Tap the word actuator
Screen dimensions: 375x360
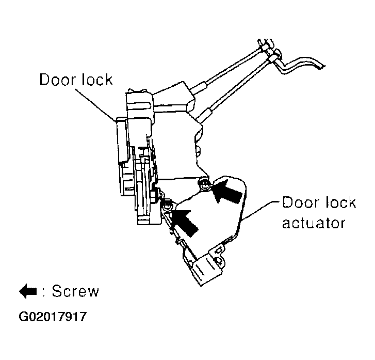[314, 223]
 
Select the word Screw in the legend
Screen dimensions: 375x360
[75, 291]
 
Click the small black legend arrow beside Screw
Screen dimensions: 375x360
[28, 291]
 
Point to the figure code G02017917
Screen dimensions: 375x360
[53, 317]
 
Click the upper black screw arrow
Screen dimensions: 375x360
[227, 192]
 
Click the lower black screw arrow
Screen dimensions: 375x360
[184, 221]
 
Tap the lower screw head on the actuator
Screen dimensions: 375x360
[168, 206]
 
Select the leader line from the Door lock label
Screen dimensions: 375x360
[95, 105]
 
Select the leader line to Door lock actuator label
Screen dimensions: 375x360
[260, 210]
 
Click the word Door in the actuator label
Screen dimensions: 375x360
[301, 202]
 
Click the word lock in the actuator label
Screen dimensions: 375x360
[341, 202]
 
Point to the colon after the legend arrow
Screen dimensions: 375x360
[44, 292]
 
